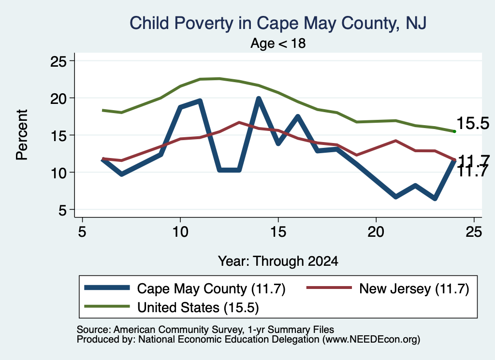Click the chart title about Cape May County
(278, 24)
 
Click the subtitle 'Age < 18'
(278, 43)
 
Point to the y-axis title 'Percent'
(22, 135)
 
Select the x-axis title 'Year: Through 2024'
(278, 261)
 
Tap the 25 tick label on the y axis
(58, 61)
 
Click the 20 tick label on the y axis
(58, 98)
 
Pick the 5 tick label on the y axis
(62, 210)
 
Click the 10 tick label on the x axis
(180, 232)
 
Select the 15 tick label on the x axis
(278, 232)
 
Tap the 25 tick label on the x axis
(474, 232)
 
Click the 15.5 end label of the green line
(473, 123)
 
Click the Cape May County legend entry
(185, 288)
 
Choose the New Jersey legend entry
(388, 288)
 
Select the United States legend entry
(172, 307)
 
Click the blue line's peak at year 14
(259, 99)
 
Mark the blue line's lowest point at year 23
(435, 199)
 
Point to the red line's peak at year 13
(239, 122)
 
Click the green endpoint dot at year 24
(454, 131)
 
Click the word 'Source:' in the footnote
(94, 330)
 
